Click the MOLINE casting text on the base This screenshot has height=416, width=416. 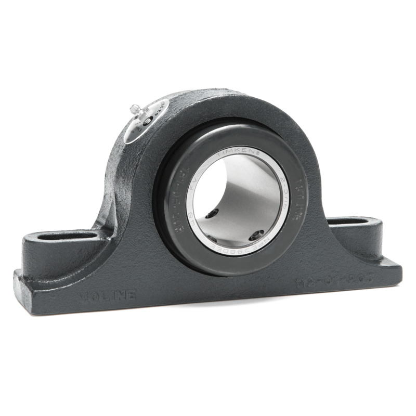[x=107, y=296]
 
